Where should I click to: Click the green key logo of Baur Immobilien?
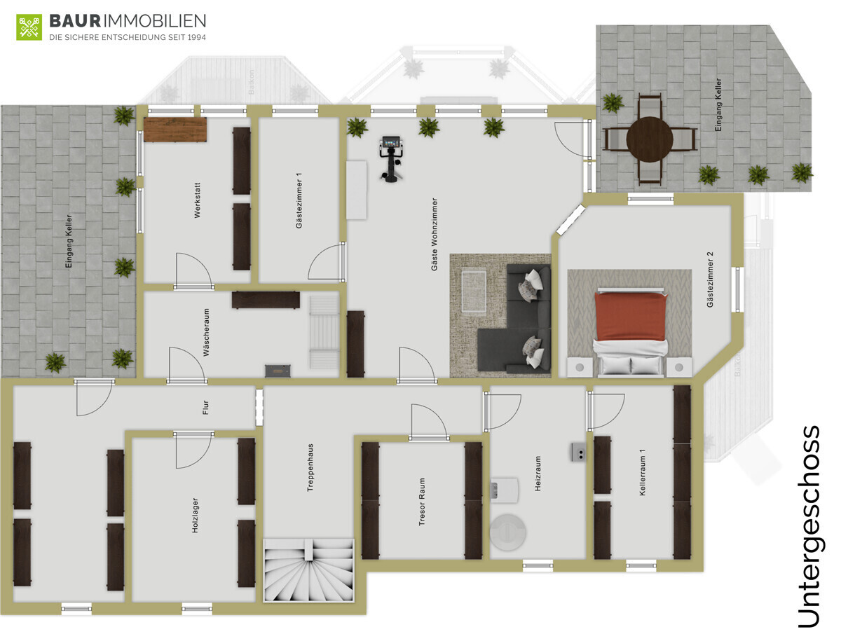(x=29, y=27)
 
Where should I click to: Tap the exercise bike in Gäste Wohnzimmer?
(x=391, y=158)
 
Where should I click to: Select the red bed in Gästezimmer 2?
(x=631, y=331)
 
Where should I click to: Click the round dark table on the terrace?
(x=650, y=139)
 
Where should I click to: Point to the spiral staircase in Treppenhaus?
(x=308, y=570)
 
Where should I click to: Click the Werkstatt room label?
(x=198, y=200)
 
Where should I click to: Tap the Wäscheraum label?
(x=206, y=332)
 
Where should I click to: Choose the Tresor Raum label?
(x=422, y=502)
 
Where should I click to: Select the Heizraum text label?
(x=538, y=474)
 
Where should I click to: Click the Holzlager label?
(x=195, y=516)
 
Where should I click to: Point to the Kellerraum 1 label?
(x=643, y=472)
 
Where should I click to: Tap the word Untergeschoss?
(x=809, y=528)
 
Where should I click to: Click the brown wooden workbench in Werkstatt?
(x=175, y=130)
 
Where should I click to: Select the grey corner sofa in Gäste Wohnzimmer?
(x=514, y=319)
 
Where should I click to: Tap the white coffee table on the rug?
(x=474, y=291)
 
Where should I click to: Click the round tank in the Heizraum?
(x=507, y=532)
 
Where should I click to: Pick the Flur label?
(x=206, y=408)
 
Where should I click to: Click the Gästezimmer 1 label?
(x=299, y=200)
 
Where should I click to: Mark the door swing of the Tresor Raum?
(x=429, y=422)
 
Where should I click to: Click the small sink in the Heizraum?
(x=579, y=452)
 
